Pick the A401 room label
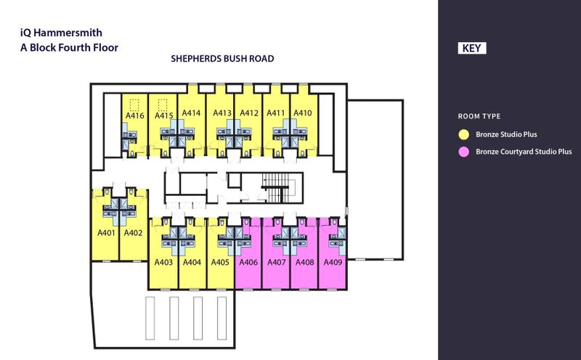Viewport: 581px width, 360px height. (105, 233)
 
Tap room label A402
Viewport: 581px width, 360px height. (132, 233)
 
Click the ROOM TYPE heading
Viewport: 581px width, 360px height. (480, 116)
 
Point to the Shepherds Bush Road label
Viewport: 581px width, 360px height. (222, 60)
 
